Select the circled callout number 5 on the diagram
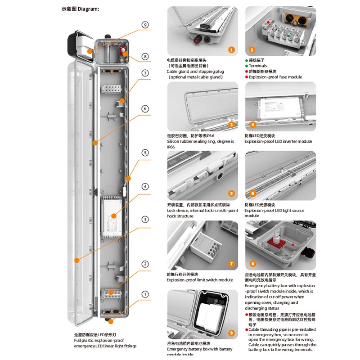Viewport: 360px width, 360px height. tap(145, 153)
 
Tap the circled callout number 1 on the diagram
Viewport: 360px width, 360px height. tap(145, 294)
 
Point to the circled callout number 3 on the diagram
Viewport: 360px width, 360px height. tap(145, 219)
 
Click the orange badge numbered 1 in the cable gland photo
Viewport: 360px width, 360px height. tap(231, 50)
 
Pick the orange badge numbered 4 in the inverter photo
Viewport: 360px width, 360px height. tap(253, 125)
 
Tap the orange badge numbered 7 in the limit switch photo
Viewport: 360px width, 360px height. tap(231, 264)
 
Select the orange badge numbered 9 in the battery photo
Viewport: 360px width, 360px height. tap(231, 333)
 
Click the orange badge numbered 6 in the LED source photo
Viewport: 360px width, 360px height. tap(253, 193)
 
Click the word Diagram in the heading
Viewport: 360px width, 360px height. tap(88, 9)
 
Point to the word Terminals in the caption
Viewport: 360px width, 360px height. tap(258, 66)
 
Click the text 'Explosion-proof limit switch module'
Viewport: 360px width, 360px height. tap(200, 280)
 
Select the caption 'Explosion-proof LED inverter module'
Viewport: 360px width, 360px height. tap(278, 141)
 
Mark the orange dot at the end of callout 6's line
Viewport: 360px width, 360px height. tap(95, 143)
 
